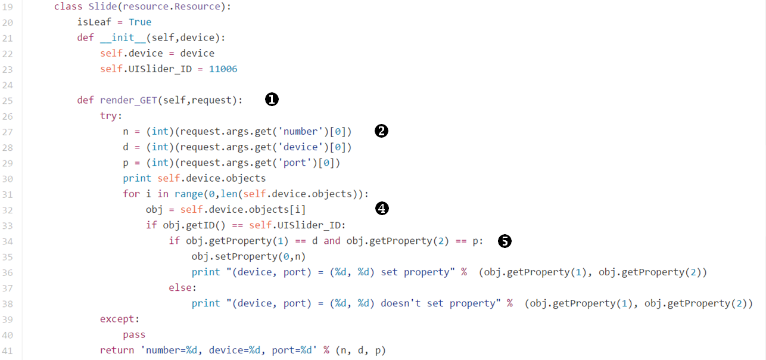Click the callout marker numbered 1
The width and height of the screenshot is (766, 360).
coord(272,100)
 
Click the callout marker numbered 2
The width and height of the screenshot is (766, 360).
coord(381,131)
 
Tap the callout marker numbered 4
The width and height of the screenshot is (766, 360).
coord(382,209)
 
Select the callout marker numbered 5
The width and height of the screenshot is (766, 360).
coord(505,241)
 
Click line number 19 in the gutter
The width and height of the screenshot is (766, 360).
coord(8,7)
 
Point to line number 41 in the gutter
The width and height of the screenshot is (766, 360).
coord(8,350)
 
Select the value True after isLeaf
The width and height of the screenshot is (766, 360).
coord(140,22)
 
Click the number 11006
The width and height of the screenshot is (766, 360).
coord(223,69)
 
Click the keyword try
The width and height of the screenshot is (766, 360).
coord(111,116)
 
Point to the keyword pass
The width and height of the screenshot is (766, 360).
coord(134,334)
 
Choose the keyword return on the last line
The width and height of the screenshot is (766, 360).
coord(117,350)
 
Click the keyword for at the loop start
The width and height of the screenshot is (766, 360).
coord(131,194)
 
